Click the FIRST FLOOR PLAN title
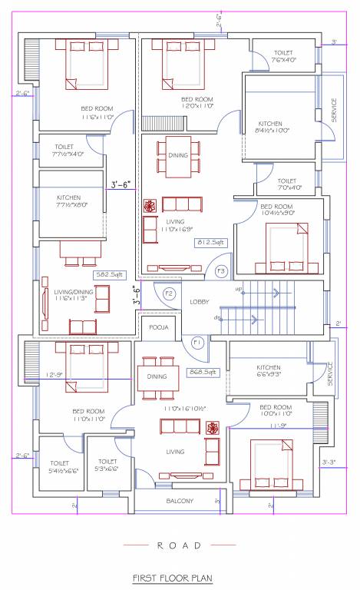[172, 578]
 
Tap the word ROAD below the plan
[179, 545]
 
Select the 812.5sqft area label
[209, 244]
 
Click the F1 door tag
[197, 341]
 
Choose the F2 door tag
[169, 294]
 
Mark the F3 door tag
[220, 270]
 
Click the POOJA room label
[160, 326]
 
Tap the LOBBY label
[200, 302]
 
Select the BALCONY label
[180, 501]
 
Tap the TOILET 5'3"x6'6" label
[107, 465]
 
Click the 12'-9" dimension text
[54, 375]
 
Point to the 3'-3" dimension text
[329, 462]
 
